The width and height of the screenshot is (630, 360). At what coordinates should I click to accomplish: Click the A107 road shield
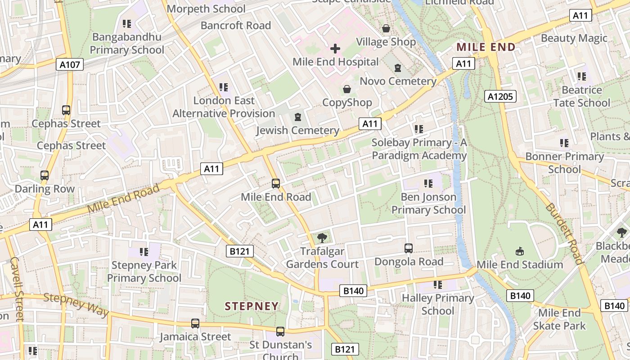[70, 65]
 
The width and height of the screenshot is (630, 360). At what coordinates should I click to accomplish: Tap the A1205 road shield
[500, 96]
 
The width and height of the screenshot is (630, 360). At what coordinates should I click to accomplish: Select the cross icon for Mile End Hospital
[335, 49]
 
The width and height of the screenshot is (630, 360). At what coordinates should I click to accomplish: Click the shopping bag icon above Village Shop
[386, 28]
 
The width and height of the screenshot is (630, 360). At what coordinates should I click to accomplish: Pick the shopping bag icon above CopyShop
[347, 89]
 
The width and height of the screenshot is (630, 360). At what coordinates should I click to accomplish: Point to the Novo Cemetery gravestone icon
[398, 68]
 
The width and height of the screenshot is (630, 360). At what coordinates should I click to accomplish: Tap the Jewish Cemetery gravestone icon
[297, 117]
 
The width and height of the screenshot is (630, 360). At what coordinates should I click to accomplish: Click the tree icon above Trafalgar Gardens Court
[322, 238]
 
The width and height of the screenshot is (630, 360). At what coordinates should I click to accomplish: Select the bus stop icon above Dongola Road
[409, 248]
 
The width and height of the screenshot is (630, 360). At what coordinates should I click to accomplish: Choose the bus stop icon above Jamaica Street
[195, 323]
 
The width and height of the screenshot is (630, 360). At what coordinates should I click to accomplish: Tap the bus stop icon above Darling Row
[45, 175]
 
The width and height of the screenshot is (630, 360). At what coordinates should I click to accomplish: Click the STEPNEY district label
[252, 306]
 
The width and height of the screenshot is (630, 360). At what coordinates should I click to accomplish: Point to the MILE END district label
[486, 47]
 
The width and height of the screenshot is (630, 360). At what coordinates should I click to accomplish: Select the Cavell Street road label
[16, 288]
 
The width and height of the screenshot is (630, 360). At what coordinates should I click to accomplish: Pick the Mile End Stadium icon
[520, 251]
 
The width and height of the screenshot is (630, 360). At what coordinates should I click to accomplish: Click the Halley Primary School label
[438, 304]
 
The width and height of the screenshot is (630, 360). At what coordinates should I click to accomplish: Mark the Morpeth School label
[206, 9]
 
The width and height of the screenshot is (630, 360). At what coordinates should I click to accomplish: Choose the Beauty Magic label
[574, 38]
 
